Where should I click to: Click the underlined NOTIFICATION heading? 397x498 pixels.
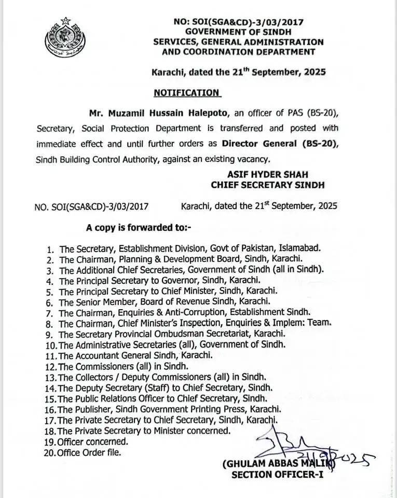pos(187,93)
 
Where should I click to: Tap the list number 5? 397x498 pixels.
pos(50,291)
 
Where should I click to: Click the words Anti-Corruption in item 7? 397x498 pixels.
pos(170,312)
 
